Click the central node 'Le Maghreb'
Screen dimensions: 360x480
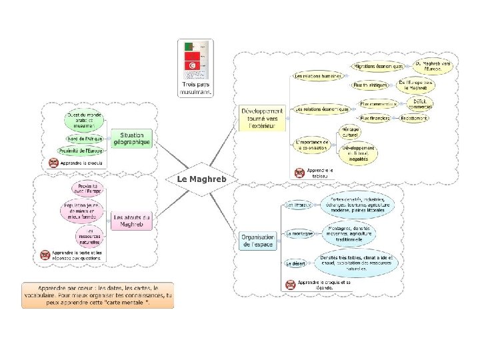(x=203, y=179)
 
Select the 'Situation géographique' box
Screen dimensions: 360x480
(x=132, y=139)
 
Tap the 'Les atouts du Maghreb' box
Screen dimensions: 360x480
(x=132, y=221)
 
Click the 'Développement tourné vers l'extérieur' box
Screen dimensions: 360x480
(x=261, y=118)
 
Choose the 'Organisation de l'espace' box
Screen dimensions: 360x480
(x=258, y=241)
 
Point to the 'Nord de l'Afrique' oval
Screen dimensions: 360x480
(x=85, y=139)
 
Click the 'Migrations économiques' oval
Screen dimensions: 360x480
(x=379, y=67)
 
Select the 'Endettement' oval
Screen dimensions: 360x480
(x=415, y=118)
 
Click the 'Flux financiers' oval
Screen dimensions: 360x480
(x=375, y=118)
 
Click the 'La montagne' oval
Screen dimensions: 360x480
(x=299, y=234)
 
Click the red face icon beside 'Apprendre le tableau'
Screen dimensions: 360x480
(x=301, y=172)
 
